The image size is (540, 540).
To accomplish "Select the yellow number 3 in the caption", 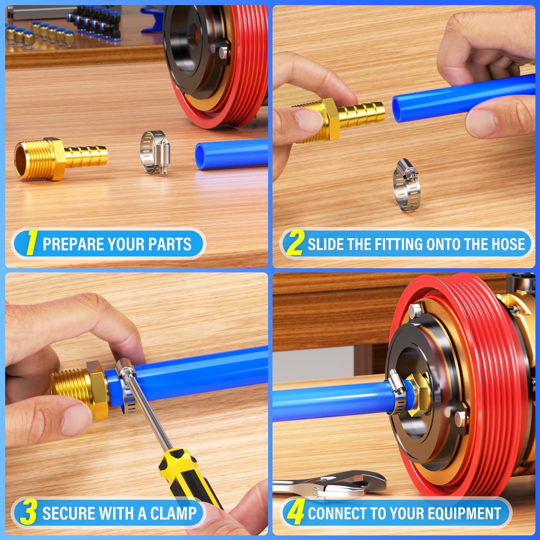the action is (x=29, y=512).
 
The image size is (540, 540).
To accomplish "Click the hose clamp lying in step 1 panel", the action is (x=155, y=152).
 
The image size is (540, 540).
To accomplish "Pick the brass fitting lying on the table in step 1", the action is (x=61, y=159).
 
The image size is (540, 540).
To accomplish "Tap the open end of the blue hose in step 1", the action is (x=201, y=156).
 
